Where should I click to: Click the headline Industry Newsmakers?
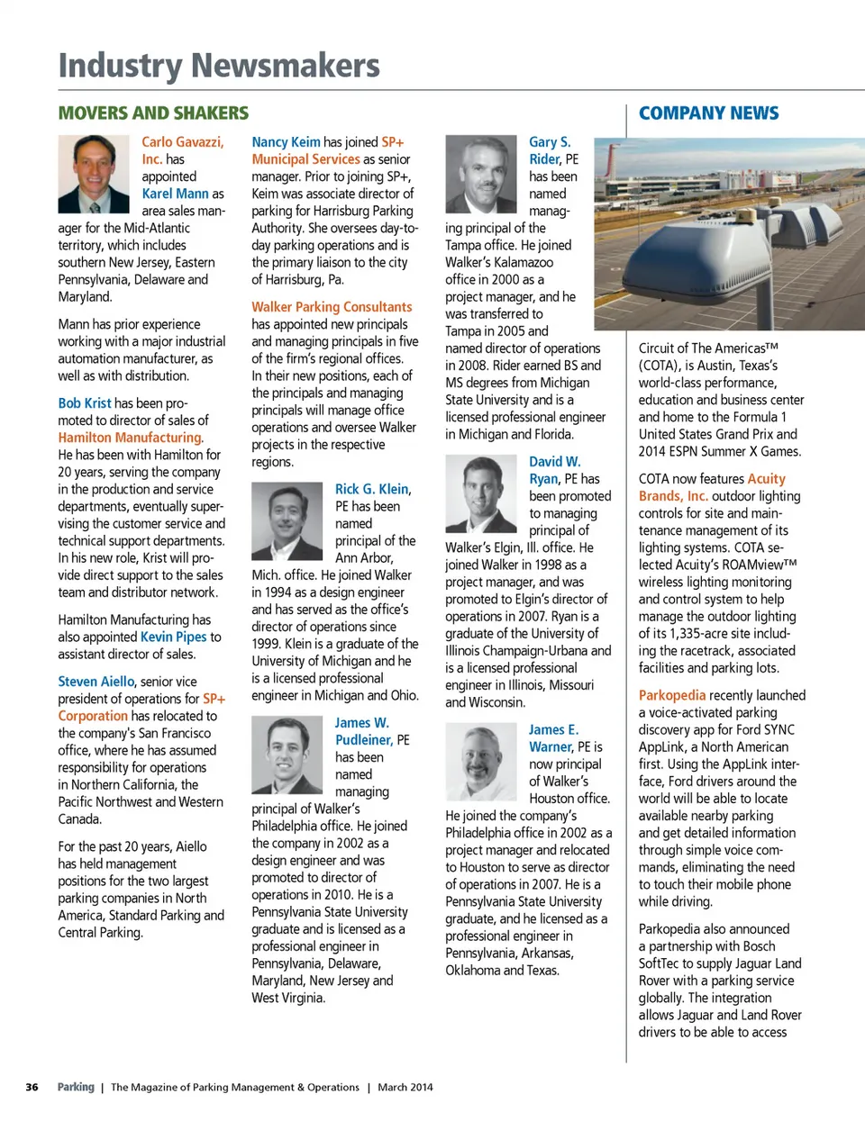point(219,66)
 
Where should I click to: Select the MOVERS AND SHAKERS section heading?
point(153,113)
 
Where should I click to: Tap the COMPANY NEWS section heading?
point(708,113)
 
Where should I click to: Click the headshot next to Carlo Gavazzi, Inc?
point(94,174)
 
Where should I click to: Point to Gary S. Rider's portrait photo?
point(480,174)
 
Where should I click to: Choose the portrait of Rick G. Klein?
point(287,521)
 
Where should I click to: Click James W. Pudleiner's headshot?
point(287,755)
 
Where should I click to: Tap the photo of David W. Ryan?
point(480,493)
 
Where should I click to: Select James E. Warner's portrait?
point(480,763)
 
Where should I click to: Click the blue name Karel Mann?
point(175,194)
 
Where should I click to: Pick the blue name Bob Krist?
point(85,403)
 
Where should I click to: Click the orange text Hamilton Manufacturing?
point(130,438)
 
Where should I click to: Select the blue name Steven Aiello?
point(96,682)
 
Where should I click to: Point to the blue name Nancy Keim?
point(286,142)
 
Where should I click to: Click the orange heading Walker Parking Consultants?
point(332,307)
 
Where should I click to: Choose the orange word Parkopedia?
point(672,695)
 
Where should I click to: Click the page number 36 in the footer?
point(32,1087)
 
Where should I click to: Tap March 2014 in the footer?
point(405,1087)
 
